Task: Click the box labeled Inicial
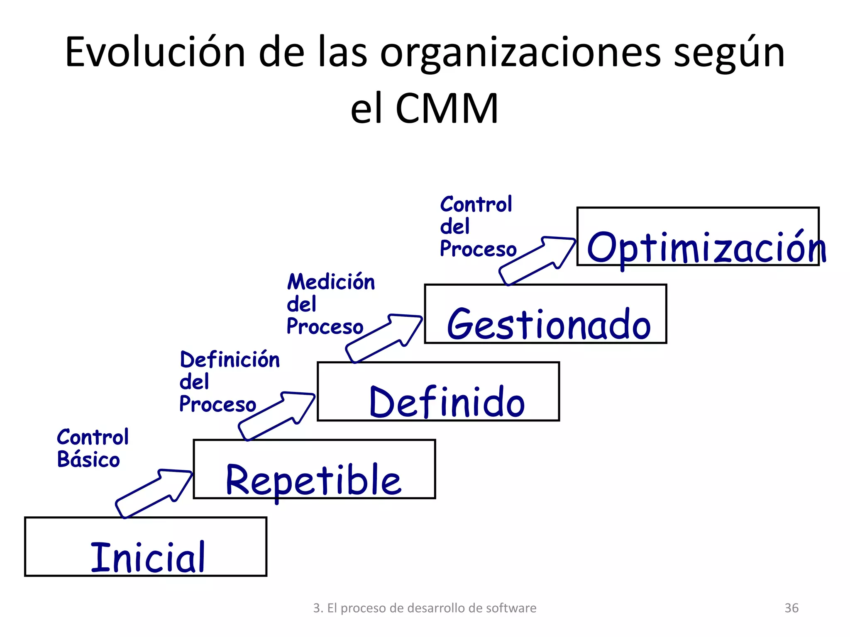pyautogui.click(x=145, y=547)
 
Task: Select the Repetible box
pyautogui.click(x=314, y=469)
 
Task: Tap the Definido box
pyautogui.click(x=438, y=391)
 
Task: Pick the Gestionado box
pyautogui.click(x=545, y=314)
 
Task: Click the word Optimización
pyautogui.click(x=706, y=248)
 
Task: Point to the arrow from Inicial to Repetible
pyautogui.click(x=154, y=494)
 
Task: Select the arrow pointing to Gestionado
pyautogui.click(x=384, y=338)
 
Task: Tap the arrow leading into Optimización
pyautogui.click(x=537, y=260)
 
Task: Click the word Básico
pyautogui.click(x=88, y=459)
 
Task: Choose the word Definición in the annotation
pyautogui.click(x=230, y=359)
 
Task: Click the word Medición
pyautogui.click(x=331, y=282)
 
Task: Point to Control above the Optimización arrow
pyautogui.click(x=476, y=204)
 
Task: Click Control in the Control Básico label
pyautogui.click(x=93, y=437)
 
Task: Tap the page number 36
pyautogui.click(x=791, y=608)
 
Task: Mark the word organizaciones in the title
pyautogui.click(x=520, y=53)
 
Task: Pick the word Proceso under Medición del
pyautogui.click(x=325, y=326)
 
